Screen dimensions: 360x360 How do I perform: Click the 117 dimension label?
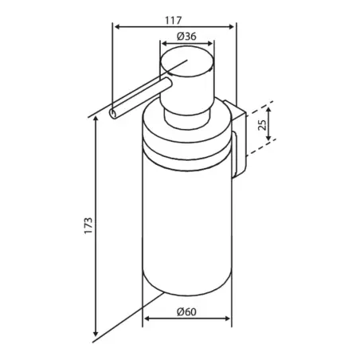coord(173,21)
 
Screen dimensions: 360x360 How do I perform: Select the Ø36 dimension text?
coord(186,37)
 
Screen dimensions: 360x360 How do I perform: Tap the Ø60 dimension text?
coord(186,311)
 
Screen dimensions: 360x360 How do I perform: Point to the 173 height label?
coord(88,225)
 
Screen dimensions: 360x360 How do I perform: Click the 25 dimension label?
coord(262,124)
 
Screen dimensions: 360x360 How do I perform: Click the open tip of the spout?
coord(113,114)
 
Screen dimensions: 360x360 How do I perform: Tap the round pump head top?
coord(186,63)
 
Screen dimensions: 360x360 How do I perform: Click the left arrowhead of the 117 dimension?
coord(117,26)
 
